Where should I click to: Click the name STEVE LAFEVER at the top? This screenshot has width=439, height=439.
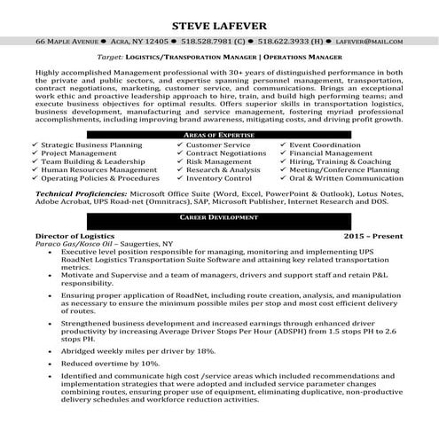tap(219, 23)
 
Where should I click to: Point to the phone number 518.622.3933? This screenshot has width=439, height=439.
tap(286, 42)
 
